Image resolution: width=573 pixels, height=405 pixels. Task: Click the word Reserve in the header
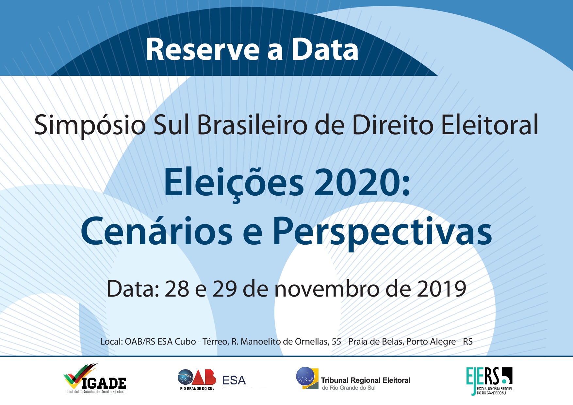203,50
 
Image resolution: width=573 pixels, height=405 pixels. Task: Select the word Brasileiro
252,125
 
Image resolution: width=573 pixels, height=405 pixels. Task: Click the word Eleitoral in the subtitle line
489,125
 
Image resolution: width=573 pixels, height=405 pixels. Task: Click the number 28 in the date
177,289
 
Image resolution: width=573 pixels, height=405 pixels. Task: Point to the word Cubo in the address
185,342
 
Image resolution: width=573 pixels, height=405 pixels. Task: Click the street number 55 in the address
336,342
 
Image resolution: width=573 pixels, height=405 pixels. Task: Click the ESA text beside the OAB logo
234,381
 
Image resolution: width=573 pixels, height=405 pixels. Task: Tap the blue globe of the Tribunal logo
305,376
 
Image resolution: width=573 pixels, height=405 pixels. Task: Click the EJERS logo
489,381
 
